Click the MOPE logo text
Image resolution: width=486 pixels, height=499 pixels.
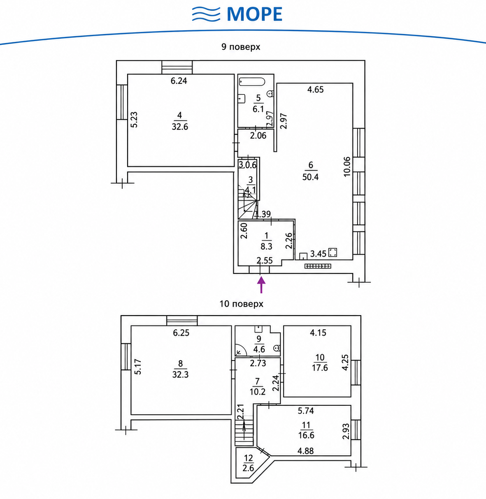point(255,14)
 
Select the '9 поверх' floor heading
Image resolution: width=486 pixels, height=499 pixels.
point(241,47)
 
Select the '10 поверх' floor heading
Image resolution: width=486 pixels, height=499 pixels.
point(241,304)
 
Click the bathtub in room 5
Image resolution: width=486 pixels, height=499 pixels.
point(252,81)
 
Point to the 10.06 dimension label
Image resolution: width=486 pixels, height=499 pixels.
point(347,166)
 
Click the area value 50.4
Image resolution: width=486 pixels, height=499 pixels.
point(310,177)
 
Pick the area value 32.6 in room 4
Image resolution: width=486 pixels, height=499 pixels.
point(180,127)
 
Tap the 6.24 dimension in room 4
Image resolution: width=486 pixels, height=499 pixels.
point(179,81)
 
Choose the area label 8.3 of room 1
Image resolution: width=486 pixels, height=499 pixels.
point(267,247)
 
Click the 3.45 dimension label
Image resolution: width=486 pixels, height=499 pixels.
point(318,254)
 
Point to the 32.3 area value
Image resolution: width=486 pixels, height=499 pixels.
point(181,374)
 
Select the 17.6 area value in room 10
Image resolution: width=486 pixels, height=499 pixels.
point(320,368)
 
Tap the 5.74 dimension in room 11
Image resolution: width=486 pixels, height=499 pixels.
point(306,411)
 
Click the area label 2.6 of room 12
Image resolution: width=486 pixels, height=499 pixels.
point(248,468)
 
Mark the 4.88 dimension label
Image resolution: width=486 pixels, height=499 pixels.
point(305,451)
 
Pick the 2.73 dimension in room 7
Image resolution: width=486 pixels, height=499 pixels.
point(258,363)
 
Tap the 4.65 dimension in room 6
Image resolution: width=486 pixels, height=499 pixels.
point(316,90)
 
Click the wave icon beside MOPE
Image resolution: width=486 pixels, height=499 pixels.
point(206,14)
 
